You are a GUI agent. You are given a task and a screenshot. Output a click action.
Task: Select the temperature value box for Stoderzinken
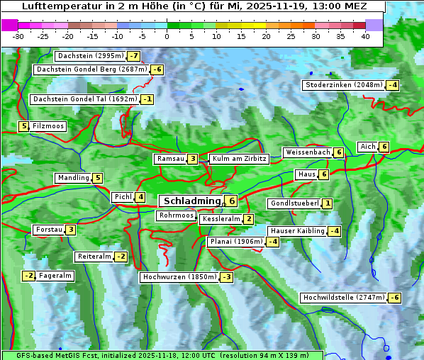pyautogui.click(x=392, y=85)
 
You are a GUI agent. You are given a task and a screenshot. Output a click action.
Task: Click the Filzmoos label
pyautogui.click(x=48, y=126)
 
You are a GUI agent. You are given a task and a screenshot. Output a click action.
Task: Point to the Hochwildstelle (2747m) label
pyautogui.click(x=344, y=298)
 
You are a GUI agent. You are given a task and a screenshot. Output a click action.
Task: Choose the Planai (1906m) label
pyautogui.click(x=236, y=242)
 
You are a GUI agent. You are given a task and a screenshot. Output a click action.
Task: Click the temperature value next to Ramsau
pyautogui.click(x=193, y=159)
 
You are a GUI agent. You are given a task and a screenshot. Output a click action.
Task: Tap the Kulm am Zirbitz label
pyautogui.click(x=239, y=159)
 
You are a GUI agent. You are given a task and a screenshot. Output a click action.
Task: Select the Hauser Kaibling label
pyautogui.click(x=297, y=231)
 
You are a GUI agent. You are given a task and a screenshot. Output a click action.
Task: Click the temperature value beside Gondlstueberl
pyautogui.click(x=327, y=203)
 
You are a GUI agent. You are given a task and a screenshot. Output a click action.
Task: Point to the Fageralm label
pyautogui.click(x=55, y=276)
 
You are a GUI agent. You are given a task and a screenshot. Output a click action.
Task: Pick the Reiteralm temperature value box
pyautogui.click(x=121, y=257)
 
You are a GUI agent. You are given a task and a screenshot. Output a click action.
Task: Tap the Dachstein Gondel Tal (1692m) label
pyautogui.click(x=84, y=99)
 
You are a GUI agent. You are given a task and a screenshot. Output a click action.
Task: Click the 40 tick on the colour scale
pyautogui.click(x=365, y=36)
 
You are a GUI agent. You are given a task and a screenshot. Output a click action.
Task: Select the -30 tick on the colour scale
pyautogui.click(x=18, y=36)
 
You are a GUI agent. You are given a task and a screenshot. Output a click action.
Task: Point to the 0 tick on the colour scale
pyautogui.click(x=167, y=36)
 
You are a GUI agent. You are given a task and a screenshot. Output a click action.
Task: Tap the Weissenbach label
pyautogui.click(x=308, y=152)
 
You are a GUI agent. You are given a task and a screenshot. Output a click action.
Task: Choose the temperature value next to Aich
pyautogui.click(x=384, y=147)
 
